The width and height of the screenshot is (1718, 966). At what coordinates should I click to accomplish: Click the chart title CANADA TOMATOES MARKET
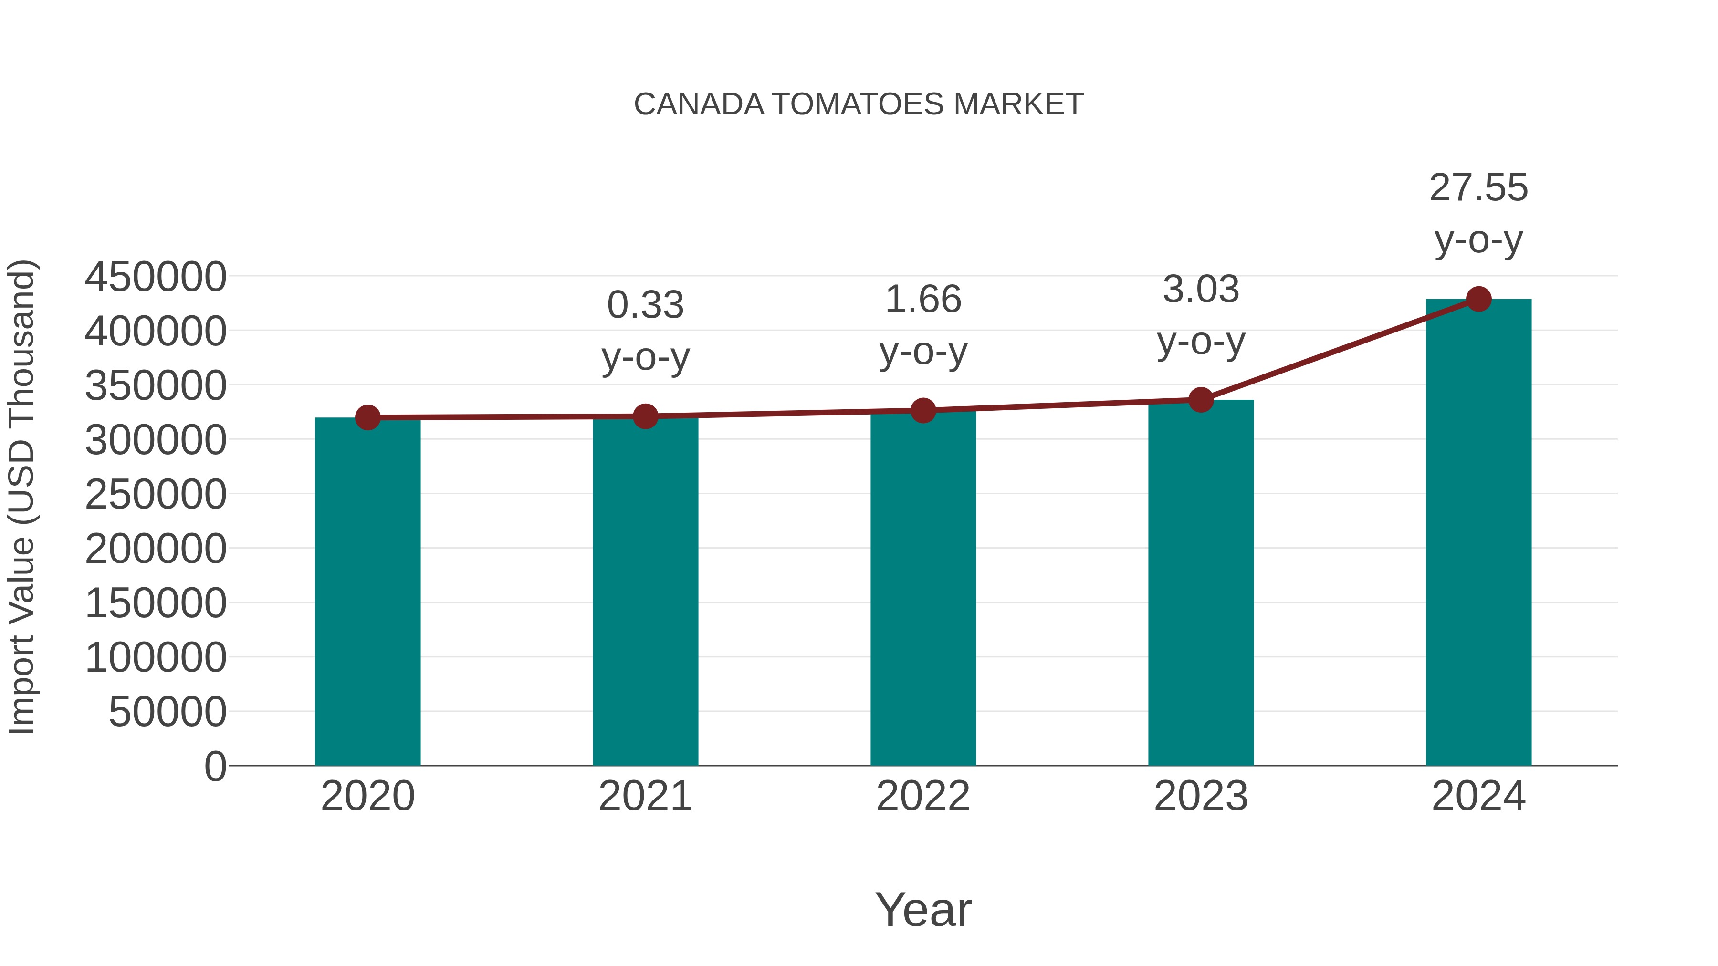tap(859, 104)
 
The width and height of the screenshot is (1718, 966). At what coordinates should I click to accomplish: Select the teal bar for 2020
tap(367, 593)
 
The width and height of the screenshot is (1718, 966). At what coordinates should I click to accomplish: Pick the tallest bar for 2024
tap(1478, 533)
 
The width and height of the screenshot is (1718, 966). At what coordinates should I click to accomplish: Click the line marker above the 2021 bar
tap(645, 416)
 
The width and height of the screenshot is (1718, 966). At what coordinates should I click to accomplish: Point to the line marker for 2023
tap(1201, 400)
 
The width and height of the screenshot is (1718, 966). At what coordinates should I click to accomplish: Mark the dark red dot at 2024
tap(1478, 299)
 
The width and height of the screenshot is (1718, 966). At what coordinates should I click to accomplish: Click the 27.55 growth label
tap(1478, 188)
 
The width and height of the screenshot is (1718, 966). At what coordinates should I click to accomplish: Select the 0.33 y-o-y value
tap(645, 305)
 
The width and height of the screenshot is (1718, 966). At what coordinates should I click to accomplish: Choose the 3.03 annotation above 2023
tap(1201, 290)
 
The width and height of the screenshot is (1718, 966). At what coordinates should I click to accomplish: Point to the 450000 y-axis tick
tap(156, 277)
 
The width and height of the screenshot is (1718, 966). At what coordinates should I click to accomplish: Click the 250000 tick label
tap(156, 495)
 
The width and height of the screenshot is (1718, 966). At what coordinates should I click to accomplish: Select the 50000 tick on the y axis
tap(168, 712)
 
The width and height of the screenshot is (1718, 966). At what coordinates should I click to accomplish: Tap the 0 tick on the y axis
tap(215, 766)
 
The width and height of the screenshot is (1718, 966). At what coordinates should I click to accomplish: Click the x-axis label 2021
tap(645, 796)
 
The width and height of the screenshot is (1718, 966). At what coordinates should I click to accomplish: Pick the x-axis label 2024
tap(1478, 796)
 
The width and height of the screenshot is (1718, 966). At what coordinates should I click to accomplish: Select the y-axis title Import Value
tap(21, 497)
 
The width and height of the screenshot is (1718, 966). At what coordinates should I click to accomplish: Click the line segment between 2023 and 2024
tap(1339, 349)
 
